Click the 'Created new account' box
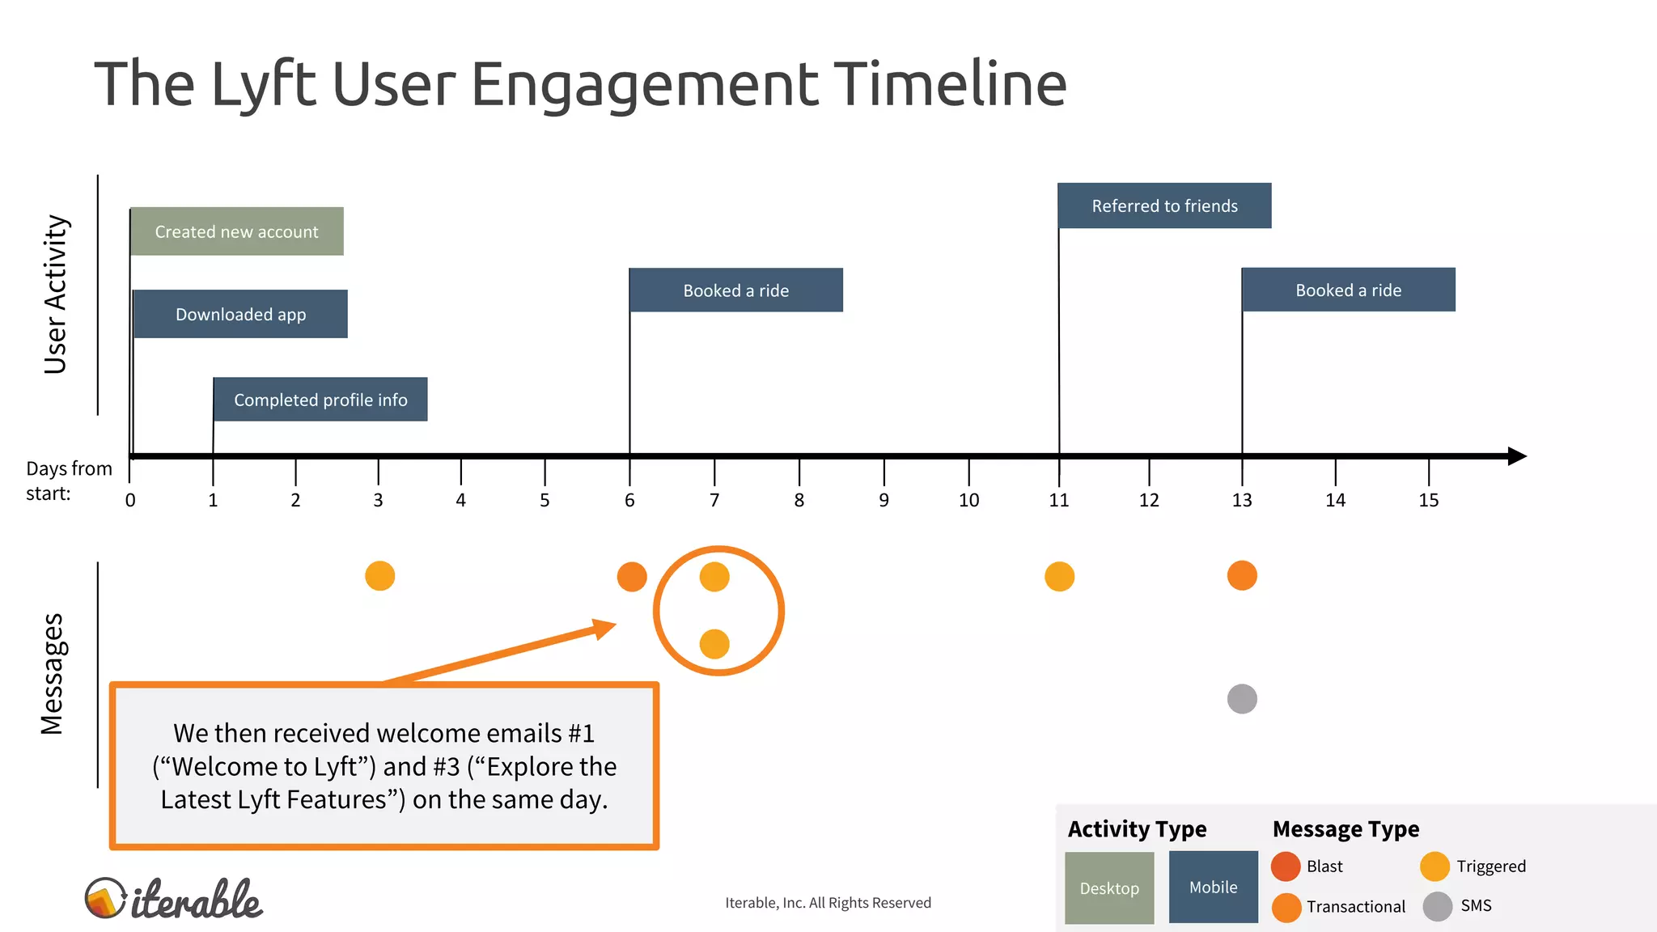point(237,231)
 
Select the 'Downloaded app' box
point(240,314)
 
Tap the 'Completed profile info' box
point(320,400)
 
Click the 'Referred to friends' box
point(1164,205)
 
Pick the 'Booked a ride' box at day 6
point(736,290)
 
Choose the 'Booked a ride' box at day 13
point(1349,290)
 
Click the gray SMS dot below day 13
point(1242,699)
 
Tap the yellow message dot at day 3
point(380,576)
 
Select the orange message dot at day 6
point(632,577)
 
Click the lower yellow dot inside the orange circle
point(714,644)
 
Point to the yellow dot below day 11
point(1059,577)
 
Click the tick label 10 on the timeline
point(968,501)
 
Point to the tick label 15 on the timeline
point(1429,501)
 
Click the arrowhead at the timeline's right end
point(1517,456)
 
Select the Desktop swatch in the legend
point(1109,888)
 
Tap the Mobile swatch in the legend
point(1213,887)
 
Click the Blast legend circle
point(1286,866)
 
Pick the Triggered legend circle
point(1435,866)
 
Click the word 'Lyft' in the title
point(263,84)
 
